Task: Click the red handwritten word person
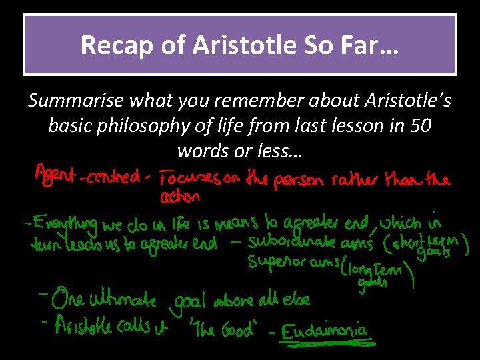pos(319,180)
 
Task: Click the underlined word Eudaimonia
pos(323,330)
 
